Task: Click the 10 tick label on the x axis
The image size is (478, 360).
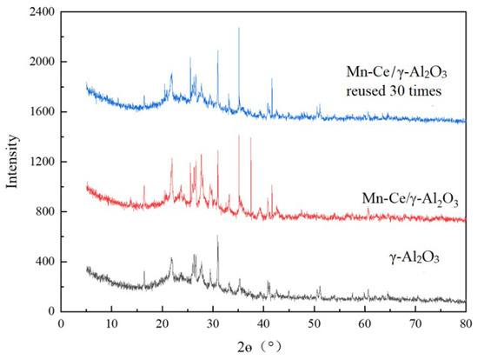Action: point(110,323)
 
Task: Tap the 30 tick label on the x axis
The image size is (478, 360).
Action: point(212,323)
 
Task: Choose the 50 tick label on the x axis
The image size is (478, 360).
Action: point(314,323)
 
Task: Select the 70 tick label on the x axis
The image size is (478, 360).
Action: point(415,323)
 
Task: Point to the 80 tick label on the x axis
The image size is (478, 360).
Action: point(466,323)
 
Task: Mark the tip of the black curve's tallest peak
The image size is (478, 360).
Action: point(217,236)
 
